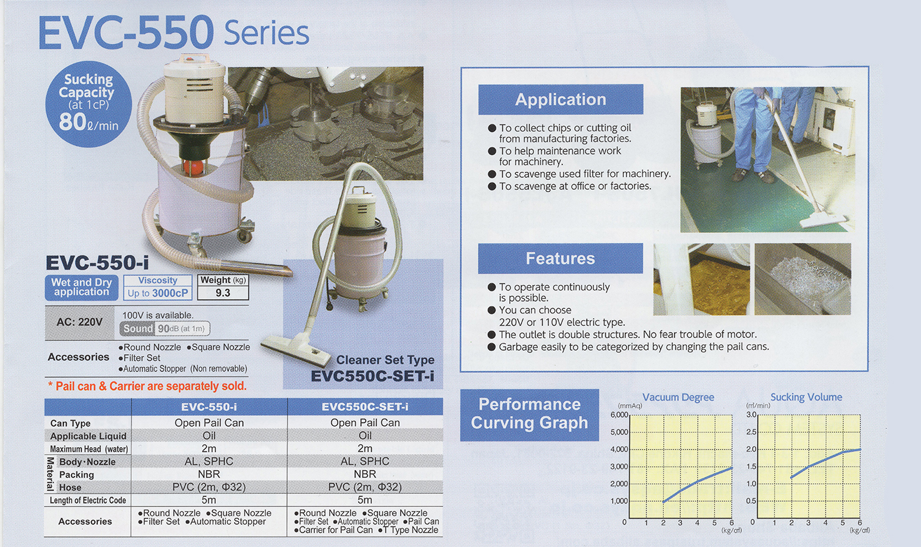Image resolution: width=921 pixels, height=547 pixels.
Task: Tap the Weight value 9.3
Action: pyautogui.click(x=223, y=293)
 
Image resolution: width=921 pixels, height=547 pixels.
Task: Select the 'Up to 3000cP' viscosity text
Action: pyautogui.click(x=157, y=293)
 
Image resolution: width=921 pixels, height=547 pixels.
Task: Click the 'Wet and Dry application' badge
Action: pyautogui.click(x=81, y=287)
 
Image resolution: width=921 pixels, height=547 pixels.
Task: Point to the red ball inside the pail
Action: pyautogui.click(x=193, y=166)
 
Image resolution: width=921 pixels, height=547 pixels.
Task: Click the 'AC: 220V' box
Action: pyautogui.click(x=79, y=322)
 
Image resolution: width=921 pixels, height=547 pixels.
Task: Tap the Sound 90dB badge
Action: pyautogui.click(x=165, y=328)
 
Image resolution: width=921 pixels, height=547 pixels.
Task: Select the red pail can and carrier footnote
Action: pyautogui.click(x=147, y=386)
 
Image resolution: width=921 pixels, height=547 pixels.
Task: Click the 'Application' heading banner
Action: pyautogui.click(x=560, y=100)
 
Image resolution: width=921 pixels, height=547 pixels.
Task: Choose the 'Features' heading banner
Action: pyautogui.click(x=560, y=259)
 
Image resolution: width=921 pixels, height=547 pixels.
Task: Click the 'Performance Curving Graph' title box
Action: pyautogui.click(x=530, y=415)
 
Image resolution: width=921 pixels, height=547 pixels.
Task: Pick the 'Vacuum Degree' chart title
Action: pyautogui.click(x=678, y=397)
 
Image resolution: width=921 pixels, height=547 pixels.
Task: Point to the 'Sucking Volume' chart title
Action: pyautogui.click(x=806, y=397)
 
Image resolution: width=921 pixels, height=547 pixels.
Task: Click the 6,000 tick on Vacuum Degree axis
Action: pyautogui.click(x=619, y=415)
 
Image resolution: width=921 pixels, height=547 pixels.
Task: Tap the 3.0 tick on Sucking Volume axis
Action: pyautogui.click(x=751, y=415)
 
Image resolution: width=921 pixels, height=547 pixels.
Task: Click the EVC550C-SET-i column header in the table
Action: pyautogui.click(x=364, y=407)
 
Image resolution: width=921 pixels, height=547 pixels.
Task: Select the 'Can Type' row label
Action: pyautogui.click(x=71, y=423)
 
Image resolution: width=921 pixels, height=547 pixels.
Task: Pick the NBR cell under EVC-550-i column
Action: pyautogui.click(x=209, y=474)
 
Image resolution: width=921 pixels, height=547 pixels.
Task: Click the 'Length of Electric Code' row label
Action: pyautogui.click(x=87, y=501)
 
